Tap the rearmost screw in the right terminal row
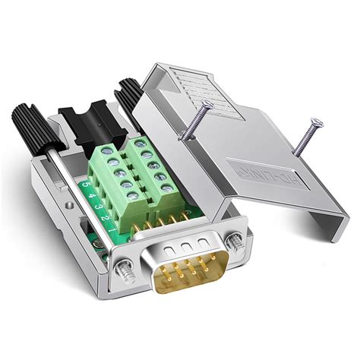click(x=141, y=145)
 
